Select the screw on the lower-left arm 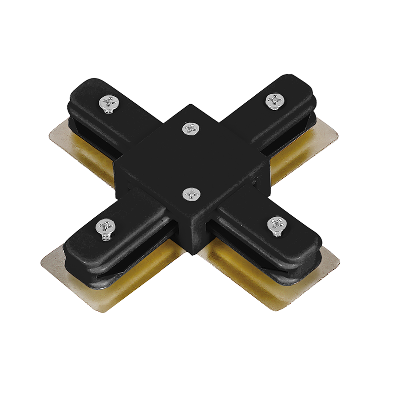[x=105, y=229]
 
